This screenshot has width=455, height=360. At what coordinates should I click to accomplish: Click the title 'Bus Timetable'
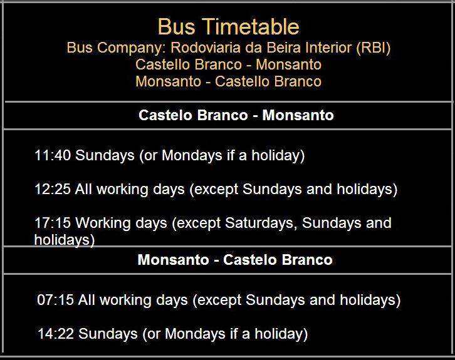pos(228,27)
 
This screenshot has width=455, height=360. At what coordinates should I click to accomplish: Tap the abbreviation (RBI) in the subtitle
pos(374,48)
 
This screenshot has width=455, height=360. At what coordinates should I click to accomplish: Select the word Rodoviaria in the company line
pos(206,48)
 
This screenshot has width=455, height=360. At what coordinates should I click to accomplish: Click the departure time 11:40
pos(53,155)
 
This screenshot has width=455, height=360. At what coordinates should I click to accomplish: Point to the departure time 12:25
pos(53,189)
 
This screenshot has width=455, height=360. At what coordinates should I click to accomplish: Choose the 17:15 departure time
pos(53,223)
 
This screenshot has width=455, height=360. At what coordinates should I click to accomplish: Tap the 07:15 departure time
pos(55,300)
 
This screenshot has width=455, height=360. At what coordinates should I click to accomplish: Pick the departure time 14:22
pos(56,334)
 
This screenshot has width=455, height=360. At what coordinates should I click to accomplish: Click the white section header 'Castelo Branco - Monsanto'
pos(236,115)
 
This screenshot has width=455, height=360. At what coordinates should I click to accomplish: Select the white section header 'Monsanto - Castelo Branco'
pos(235,260)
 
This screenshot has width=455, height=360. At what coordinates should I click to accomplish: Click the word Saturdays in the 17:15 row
pos(261,224)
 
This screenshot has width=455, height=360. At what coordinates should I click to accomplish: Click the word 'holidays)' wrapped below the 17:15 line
pos(65,240)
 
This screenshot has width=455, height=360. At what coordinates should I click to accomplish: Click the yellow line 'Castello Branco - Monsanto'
pos(228,64)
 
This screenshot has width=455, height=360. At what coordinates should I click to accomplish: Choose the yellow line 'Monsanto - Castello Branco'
pos(228,81)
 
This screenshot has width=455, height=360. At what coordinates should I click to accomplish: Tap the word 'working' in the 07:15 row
pos(125,301)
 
